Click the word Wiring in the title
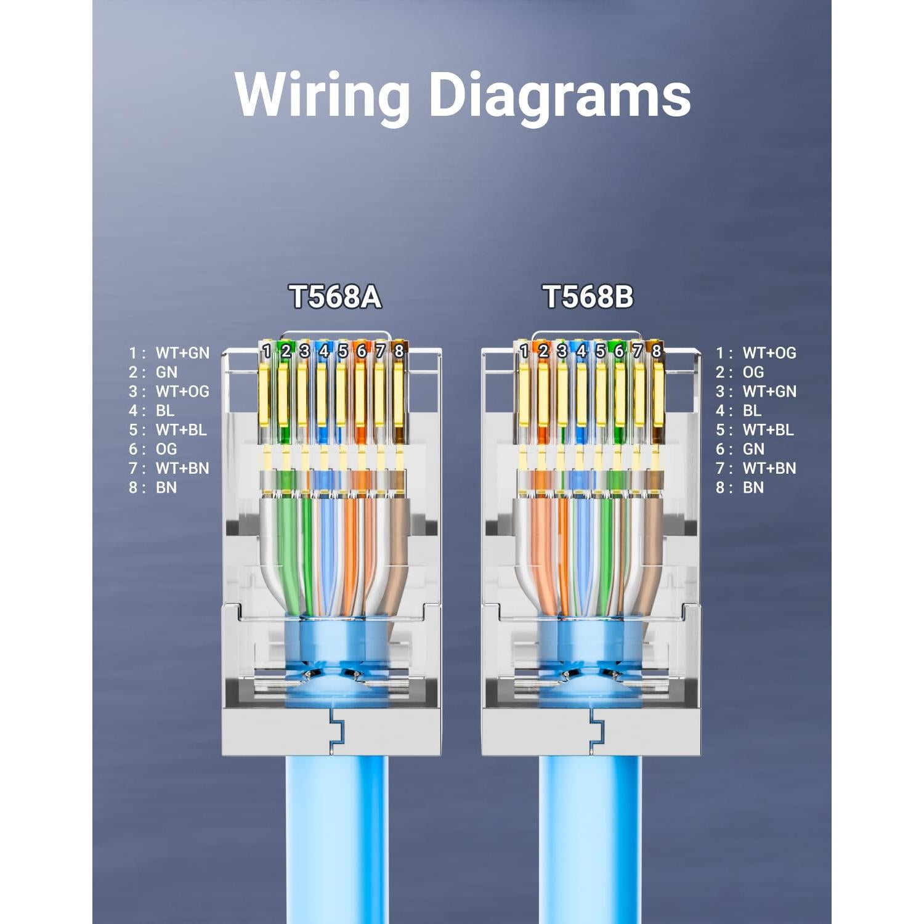(322, 95)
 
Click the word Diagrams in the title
(559, 95)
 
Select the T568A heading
(335, 296)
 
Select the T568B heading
(588, 296)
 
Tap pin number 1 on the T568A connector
(266, 351)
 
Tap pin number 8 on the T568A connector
(399, 351)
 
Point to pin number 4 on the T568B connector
(581, 351)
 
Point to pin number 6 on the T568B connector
(619, 351)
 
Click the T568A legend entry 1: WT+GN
(169, 353)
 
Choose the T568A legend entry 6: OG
(153, 449)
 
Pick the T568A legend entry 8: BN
(153, 487)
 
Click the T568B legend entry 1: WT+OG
(756, 353)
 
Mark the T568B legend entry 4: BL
(739, 410)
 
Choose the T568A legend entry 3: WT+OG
(169, 391)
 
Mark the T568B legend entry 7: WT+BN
(756, 468)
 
